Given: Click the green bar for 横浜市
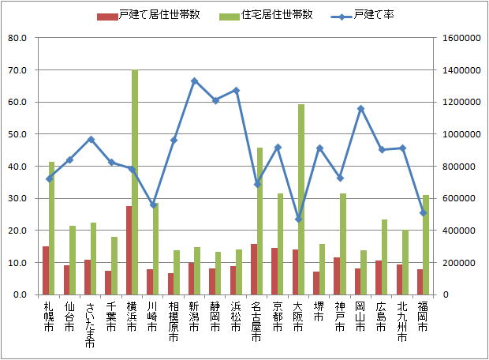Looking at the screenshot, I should (x=135, y=182).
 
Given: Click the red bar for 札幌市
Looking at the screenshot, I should (x=46, y=270).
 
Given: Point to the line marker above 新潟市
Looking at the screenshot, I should (x=194, y=81).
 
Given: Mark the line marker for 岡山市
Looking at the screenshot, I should (x=360, y=108).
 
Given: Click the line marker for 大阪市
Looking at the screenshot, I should (x=298, y=219).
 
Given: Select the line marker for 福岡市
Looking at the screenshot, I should (x=423, y=212).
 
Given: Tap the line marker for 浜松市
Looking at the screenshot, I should (x=236, y=90).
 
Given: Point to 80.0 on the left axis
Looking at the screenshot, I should (x=17, y=38).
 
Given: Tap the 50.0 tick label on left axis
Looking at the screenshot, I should (x=17, y=134).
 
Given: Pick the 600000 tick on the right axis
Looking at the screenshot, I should (x=457, y=198).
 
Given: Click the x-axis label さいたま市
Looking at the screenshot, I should (x=89, y=324).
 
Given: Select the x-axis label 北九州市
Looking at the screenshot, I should (x=402, y=321).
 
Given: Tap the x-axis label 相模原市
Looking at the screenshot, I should (x=174, y=321).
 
